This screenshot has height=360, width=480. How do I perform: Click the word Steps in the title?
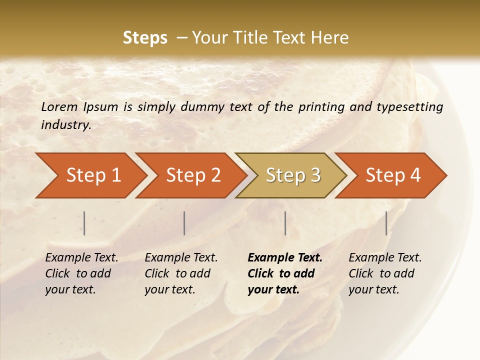click(x=145, y=38)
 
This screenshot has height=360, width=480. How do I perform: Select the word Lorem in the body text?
click(x=59, y=106)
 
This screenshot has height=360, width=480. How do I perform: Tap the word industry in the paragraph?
click(x=66, y=124)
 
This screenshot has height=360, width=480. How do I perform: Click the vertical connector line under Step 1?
click(x=84, y=223)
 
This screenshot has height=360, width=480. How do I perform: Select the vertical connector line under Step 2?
click(x=184, y=223)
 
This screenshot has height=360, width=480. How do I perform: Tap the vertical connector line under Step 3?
click(x=285, y=223)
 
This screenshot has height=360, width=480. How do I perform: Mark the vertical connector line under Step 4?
click(x=386, y=223)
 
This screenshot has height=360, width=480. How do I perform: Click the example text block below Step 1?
click(x=81, y=273)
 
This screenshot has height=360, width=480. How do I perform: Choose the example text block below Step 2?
click(x=181, y=273)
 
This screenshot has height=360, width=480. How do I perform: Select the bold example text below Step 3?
click(x=284, y=273)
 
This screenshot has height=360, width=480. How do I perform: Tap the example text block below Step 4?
click(x=385, y=273)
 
